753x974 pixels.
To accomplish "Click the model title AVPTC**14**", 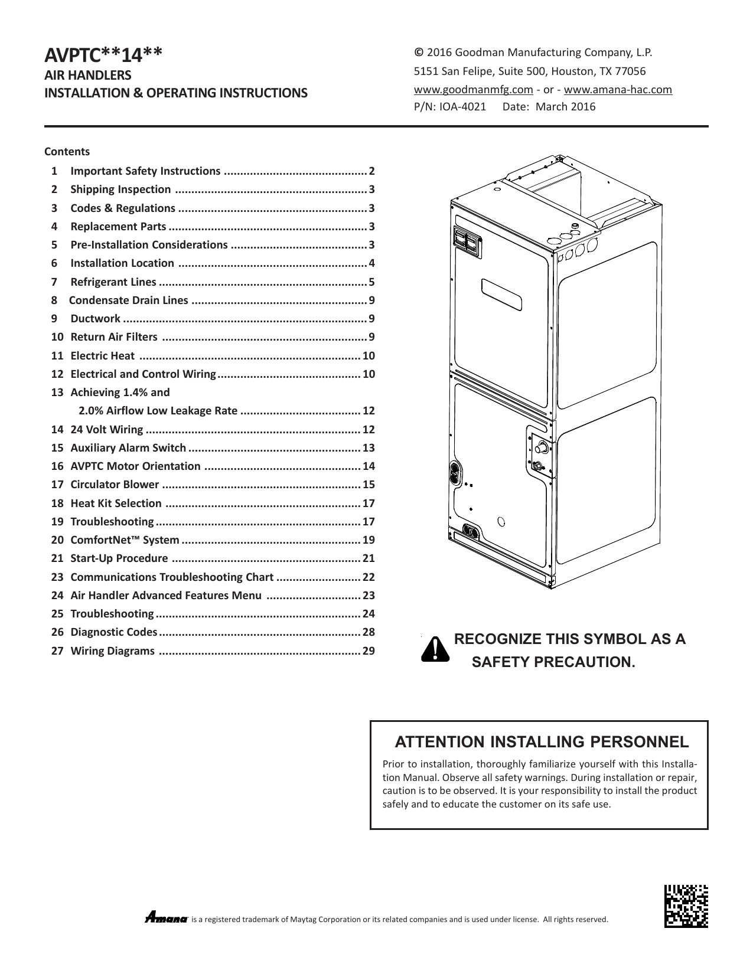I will click(103, 55).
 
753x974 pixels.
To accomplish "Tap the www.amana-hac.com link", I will click(618, 90).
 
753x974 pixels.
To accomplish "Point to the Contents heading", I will click(67, 152).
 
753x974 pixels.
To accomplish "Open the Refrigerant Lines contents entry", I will click(113, 282).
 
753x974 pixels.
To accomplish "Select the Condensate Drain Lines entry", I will click(129, 300).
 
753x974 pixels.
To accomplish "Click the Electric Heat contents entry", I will click(102, 356).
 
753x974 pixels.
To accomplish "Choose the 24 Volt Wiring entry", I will click(106, 430).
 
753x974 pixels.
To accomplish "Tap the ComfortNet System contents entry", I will click(125, 540).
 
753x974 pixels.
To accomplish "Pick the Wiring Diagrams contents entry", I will click(112, 651).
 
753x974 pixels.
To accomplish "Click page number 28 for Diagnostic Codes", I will click(369, 632).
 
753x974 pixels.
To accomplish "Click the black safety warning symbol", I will click(435, 649).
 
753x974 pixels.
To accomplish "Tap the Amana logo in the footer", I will click(166, 919).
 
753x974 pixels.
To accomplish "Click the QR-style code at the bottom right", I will click(686, 906).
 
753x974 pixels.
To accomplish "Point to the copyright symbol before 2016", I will click(418, 53).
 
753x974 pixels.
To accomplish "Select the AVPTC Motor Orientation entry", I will click(135, 466).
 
